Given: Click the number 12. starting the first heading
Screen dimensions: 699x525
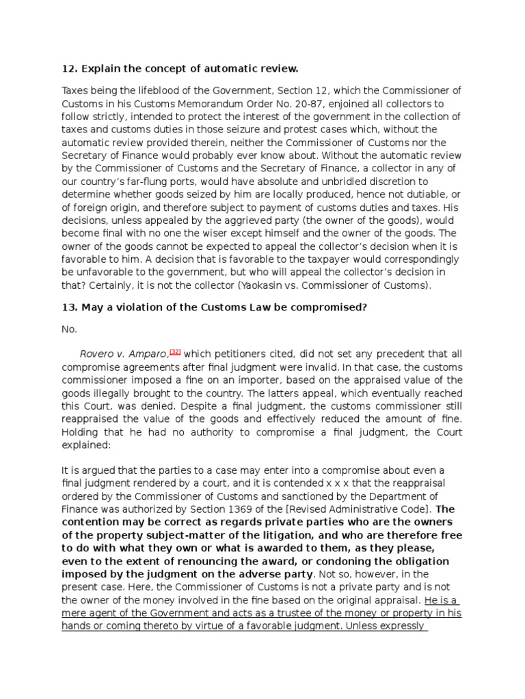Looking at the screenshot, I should (x=69, y=70).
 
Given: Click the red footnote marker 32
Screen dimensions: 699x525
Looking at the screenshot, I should (x=176, y=352).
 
